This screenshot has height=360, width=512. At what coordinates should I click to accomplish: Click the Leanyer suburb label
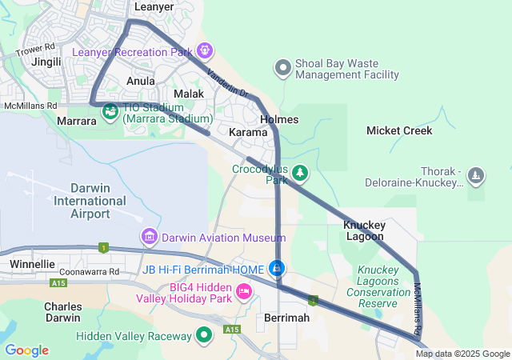click(x=154, y=6)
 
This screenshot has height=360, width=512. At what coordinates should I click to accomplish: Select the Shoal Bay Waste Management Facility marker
click(x=282, y=68)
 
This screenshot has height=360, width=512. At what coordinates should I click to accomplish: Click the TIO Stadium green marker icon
click(x=110, y=112)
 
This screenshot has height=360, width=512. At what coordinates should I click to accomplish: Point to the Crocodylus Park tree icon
click(x=300, y=172)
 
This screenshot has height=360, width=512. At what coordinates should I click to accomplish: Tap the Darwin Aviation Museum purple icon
click(x=149, y=238)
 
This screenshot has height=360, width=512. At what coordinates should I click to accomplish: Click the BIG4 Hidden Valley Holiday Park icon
click(x=244, y=293)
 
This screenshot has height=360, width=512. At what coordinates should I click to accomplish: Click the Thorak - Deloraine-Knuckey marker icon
click(x=476, y=176)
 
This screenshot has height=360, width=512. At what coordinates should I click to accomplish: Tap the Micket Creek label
click(x=399, y=130)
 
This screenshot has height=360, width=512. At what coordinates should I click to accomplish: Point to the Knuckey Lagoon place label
click(x=364, y=231)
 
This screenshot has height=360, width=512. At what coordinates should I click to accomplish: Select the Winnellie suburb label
click(x=33, y=263)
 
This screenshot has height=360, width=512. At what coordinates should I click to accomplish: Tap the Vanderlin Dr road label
click(x=226, y=83)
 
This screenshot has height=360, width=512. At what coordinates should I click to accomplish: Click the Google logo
click(x=26, y=350)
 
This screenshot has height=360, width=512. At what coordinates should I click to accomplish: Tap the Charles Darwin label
click(x=63, y=312)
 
